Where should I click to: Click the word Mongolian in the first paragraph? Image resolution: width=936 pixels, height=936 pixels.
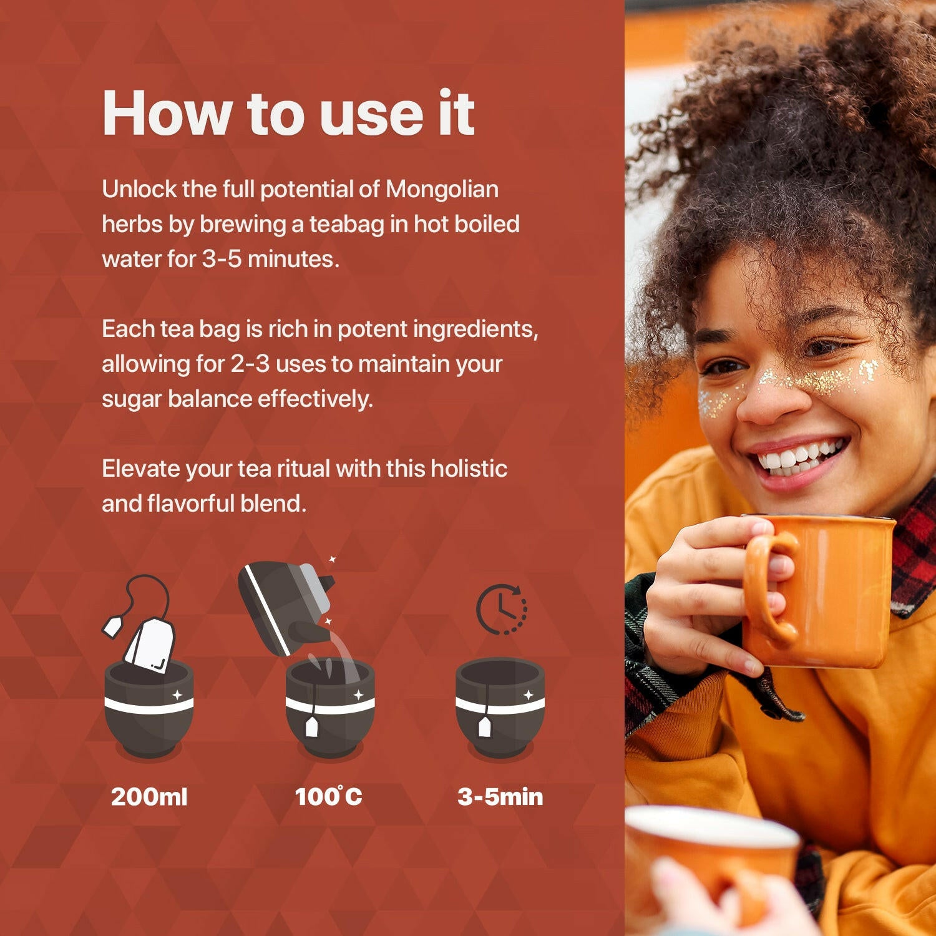click(442, 189)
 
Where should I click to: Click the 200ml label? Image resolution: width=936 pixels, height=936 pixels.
click(149, 797)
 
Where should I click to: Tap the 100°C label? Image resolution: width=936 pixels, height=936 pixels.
click(328, 797)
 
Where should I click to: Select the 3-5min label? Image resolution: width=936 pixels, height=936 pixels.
click(500, 797)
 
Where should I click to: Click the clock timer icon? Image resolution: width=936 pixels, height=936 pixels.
click(501, 610)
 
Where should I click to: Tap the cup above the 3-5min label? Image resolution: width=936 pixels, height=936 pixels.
click(500, 708)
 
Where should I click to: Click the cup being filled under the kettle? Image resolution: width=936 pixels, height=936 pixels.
click(330, 708)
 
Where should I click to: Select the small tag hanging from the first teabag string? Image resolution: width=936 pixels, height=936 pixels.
click(113, 626)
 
